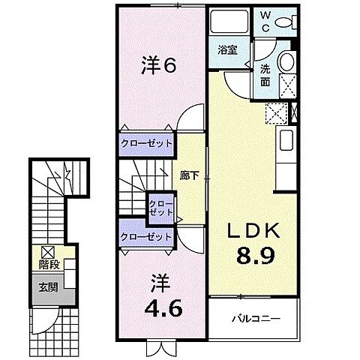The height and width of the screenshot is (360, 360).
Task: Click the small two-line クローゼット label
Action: point(160,208)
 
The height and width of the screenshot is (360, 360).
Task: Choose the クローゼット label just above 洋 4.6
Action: point(146,237)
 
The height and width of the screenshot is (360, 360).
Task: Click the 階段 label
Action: point(48,265)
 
